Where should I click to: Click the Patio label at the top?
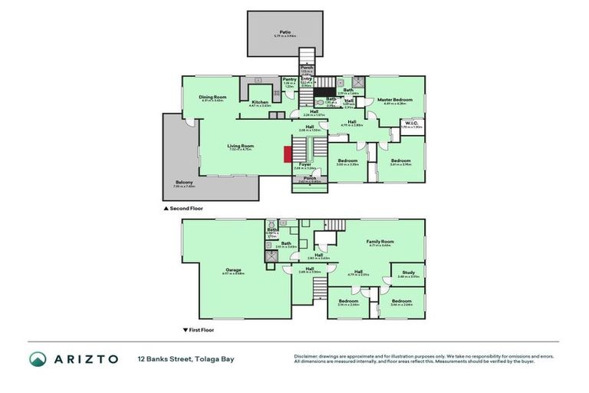[x=285, y=32]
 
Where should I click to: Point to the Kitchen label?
[x=260, y=103]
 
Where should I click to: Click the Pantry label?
[x=289, y=80]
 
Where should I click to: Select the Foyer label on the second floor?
[x=304, y=164]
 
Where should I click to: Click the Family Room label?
[x=380, y=242]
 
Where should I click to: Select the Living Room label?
[x=240, y=146]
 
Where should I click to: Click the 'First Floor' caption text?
[x=202, y=329]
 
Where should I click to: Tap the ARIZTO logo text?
[x=84, y=358]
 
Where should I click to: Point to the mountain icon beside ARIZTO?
[x=38, y=358]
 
